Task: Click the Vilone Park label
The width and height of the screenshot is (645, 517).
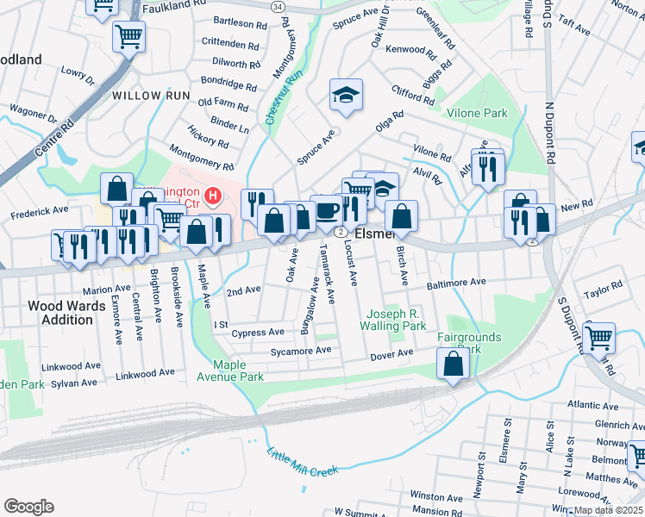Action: [477, 113]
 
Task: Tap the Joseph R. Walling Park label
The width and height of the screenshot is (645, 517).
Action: [395, 321]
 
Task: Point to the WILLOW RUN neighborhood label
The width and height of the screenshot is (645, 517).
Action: [147, 95]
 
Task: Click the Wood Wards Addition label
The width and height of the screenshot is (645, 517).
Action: [60, 313]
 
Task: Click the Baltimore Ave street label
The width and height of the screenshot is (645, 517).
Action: [457, 283]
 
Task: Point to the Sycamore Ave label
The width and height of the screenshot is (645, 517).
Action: [299, 351]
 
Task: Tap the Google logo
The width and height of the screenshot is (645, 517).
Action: [28, 507]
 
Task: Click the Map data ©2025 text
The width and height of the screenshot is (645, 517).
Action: [608, 510]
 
